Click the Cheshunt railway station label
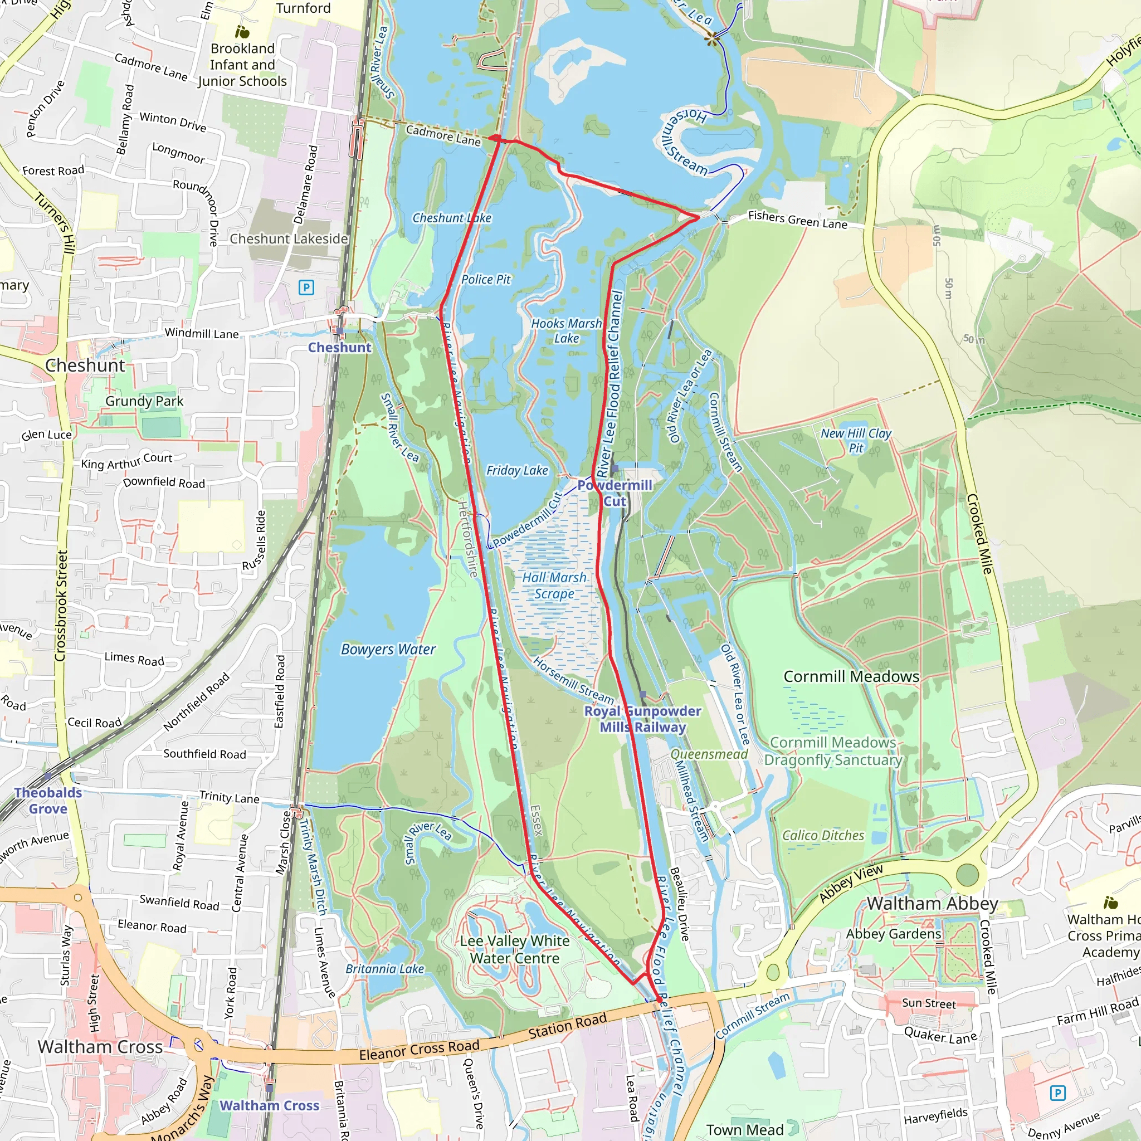point(340,347)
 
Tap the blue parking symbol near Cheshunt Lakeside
point(306,287)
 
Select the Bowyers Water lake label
point(388,650)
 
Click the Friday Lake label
point(517,470)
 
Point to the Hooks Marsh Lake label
point(567,331)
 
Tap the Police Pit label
point(485,279)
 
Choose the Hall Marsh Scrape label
point(554,586)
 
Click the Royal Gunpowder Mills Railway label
point(642,719)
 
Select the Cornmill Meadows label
point(851,677)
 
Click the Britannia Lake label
point(384,969)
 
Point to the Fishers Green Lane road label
point(797,220)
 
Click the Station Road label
point(567,1025)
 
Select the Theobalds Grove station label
point(48,800)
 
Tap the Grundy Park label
point(144,401)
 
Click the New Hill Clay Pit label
point(856,441)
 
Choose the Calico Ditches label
point(823,836)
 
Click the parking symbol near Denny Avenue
point(1058,1093)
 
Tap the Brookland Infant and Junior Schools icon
point(242,31)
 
